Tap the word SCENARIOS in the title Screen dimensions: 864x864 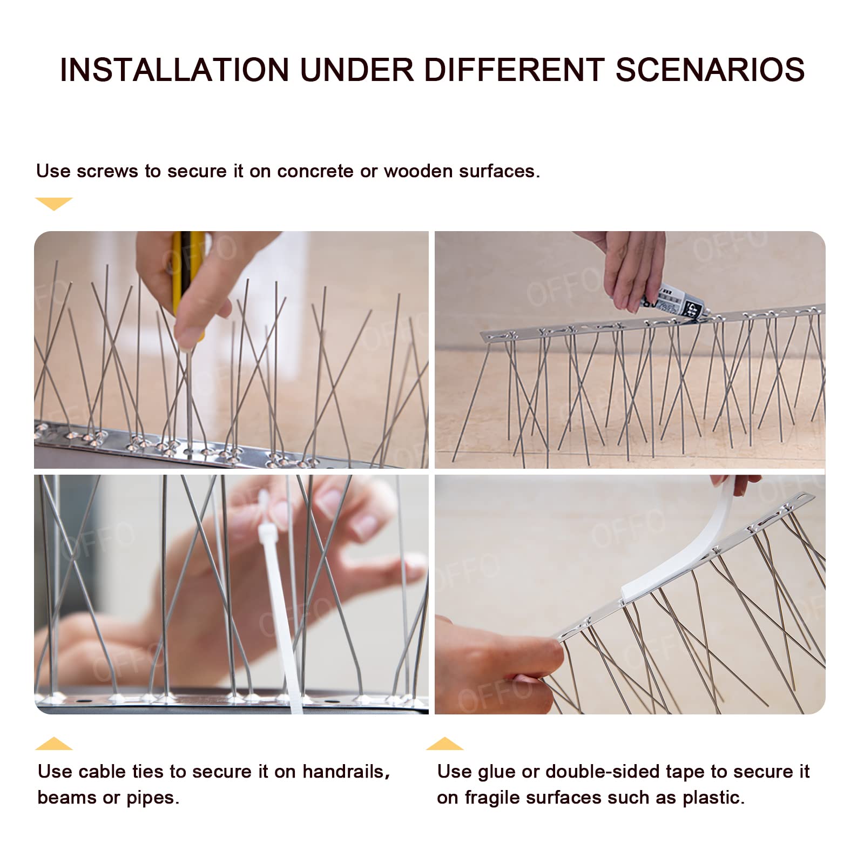[x=710, y=70]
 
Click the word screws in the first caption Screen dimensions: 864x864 [x=107, y=171]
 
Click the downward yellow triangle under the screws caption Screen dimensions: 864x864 [x=53, y=203]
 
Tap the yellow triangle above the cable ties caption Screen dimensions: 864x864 [x=53, y=744]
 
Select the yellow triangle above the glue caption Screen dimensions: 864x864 [x=444, y=744]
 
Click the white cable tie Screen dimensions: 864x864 [x=278, y=605]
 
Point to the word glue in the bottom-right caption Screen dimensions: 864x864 [x=496, y=772]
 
